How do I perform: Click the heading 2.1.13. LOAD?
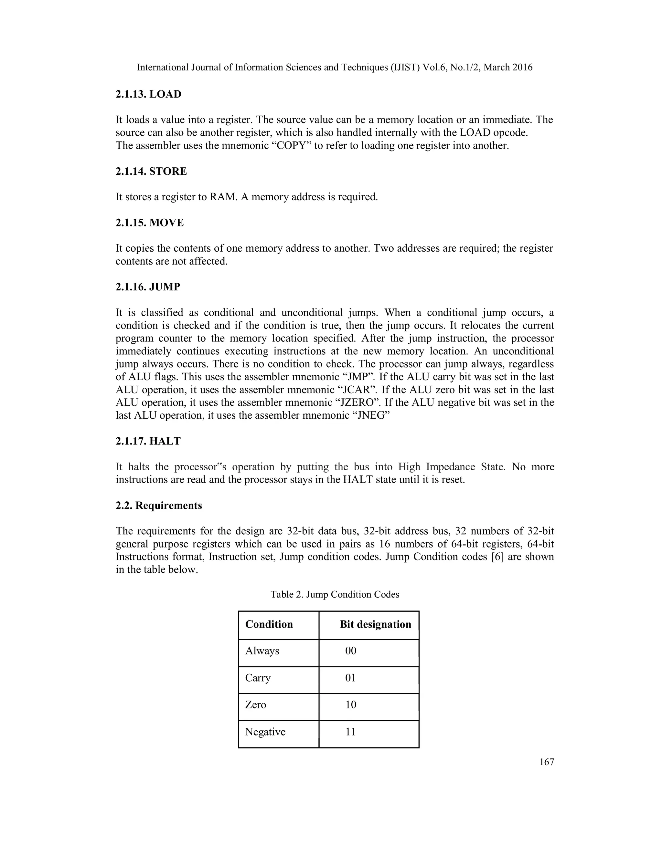(148, 94)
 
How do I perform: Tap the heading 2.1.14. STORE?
(151, 171)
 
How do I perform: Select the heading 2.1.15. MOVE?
(149, 223)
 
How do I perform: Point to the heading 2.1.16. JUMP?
(148, 287)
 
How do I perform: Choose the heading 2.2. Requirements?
(158, 505)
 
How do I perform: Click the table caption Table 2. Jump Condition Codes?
(335, 595)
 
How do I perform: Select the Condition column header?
(269, 624)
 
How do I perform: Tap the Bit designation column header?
(375, 624)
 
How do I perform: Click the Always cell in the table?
(262, 651)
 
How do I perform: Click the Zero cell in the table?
(255, 705)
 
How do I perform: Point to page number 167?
(546, 762)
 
